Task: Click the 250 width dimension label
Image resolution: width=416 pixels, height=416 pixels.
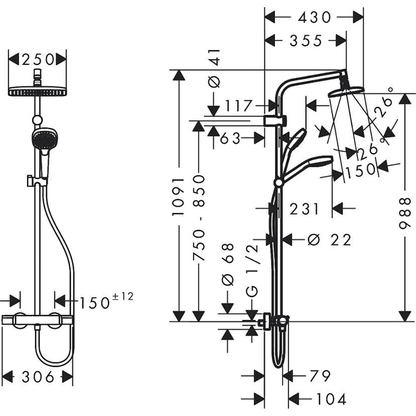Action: coord(37,60)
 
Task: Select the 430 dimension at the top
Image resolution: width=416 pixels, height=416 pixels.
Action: coord(315,18)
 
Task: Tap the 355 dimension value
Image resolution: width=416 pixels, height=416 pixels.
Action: coord(305,41)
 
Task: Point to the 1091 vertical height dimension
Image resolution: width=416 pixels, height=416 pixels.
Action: coord(179,196)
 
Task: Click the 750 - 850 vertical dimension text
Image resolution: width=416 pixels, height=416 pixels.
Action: coord(200,218)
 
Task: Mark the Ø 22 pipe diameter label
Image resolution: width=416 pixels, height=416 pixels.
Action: coord(329,240)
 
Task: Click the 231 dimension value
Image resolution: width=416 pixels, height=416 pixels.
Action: coord(304,209)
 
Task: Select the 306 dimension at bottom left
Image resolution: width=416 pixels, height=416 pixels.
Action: coord(38,376)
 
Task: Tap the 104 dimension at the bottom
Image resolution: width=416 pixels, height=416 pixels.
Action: coord(331,399)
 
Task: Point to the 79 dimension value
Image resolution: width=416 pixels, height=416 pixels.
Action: coord(320,376)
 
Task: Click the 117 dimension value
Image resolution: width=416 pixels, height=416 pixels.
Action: coord(238,106)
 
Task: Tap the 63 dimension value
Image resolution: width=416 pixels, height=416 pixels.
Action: coord(230,138)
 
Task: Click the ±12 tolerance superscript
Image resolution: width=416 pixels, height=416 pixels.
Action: coord(123,296)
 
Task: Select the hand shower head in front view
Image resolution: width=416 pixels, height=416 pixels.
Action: coord(44,138)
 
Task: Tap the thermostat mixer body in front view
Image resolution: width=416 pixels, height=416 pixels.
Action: coord(38,319)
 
